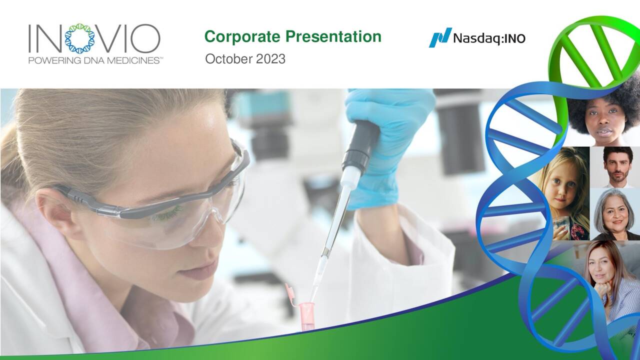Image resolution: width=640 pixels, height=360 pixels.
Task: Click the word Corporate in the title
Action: (243, 37)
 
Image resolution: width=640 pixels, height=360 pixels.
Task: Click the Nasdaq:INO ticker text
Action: (489, 38)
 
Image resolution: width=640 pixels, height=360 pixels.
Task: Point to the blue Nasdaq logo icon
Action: (440, 37)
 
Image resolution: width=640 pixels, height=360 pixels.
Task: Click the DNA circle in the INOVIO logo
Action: (79, 38)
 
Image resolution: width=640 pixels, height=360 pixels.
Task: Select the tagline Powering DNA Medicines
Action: (95, 60)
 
